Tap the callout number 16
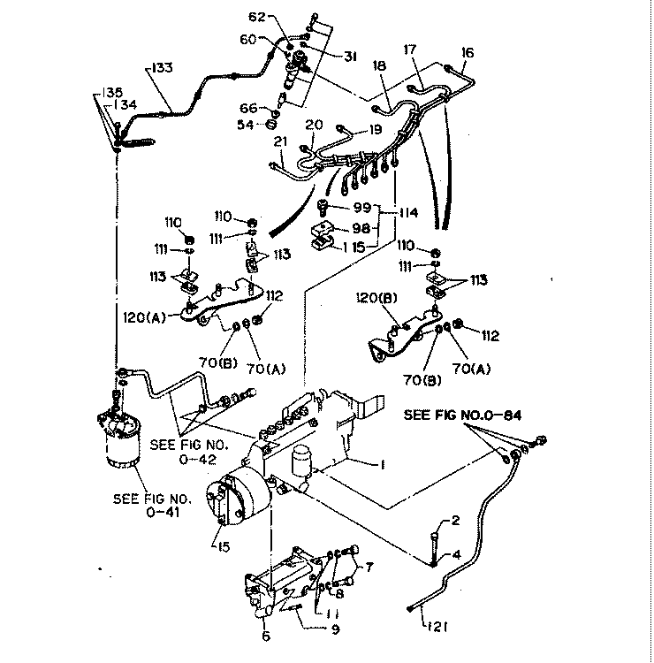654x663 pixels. point(468,53)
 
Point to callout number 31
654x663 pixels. point(350,56)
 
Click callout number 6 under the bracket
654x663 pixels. point(266,636)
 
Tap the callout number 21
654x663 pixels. point(281,141)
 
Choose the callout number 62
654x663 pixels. point(256,16)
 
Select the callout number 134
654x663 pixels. point(129,105)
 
